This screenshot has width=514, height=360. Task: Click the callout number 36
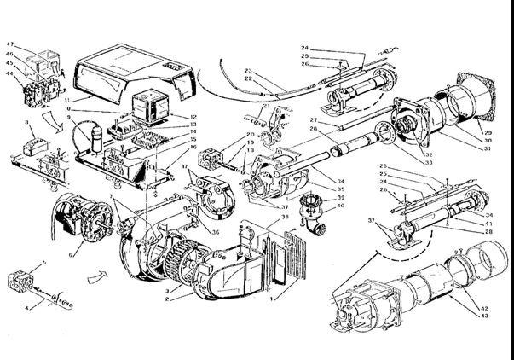click(216, 229)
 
